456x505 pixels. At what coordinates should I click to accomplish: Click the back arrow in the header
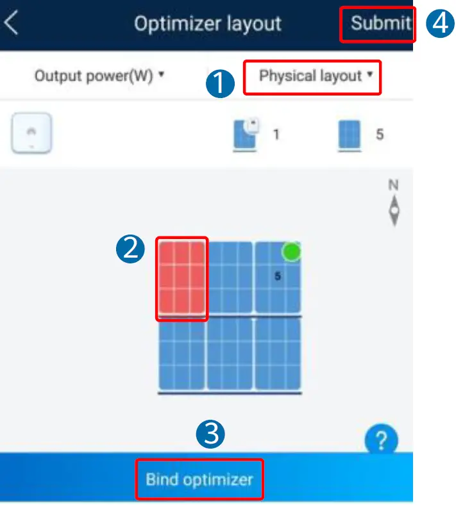(x=11, y=24)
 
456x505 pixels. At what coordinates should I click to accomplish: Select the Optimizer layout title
(x=207, y=24)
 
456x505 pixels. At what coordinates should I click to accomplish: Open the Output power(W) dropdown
(x=99, y=76)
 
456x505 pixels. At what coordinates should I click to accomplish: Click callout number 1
(x=221, y=83)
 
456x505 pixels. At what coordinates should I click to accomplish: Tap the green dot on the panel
(x=292, y=251)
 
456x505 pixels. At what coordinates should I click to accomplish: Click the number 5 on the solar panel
(x=278, y=277)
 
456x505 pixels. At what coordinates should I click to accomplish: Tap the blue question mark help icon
(x=381, y=440)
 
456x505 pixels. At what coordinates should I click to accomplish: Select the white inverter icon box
(x=31, y=134)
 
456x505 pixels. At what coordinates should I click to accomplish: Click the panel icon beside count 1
(x=245, y=135)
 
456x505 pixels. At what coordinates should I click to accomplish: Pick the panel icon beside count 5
(x=350, y=136)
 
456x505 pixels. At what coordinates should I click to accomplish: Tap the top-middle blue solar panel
(x=230, y=277)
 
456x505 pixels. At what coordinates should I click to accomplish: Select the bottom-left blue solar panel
(x=182, y=354)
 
